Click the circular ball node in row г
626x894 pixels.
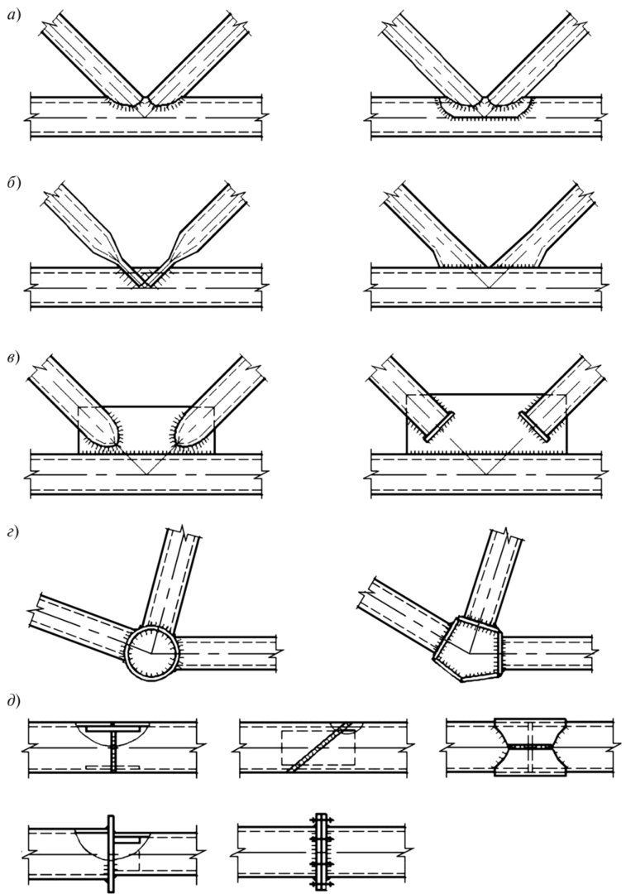(x=152, y=651)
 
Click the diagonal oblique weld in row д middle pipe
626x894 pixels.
(x=318, y=747)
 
